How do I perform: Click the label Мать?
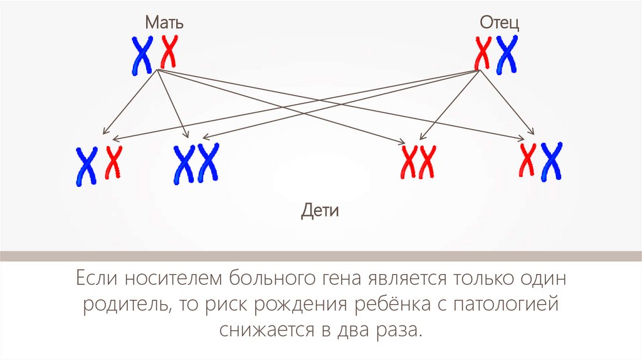[164, 23]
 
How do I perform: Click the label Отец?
[499, 23]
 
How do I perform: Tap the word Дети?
[320, 210]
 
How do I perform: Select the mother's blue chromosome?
[142, 55]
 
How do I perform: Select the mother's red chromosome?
[169, 51]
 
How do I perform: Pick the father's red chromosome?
[482, 53]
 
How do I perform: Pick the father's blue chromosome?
[506, 54]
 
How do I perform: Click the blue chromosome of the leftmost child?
[86, 166]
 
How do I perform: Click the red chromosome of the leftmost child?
[113, 162]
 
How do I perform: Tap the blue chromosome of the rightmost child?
[552, 161]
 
